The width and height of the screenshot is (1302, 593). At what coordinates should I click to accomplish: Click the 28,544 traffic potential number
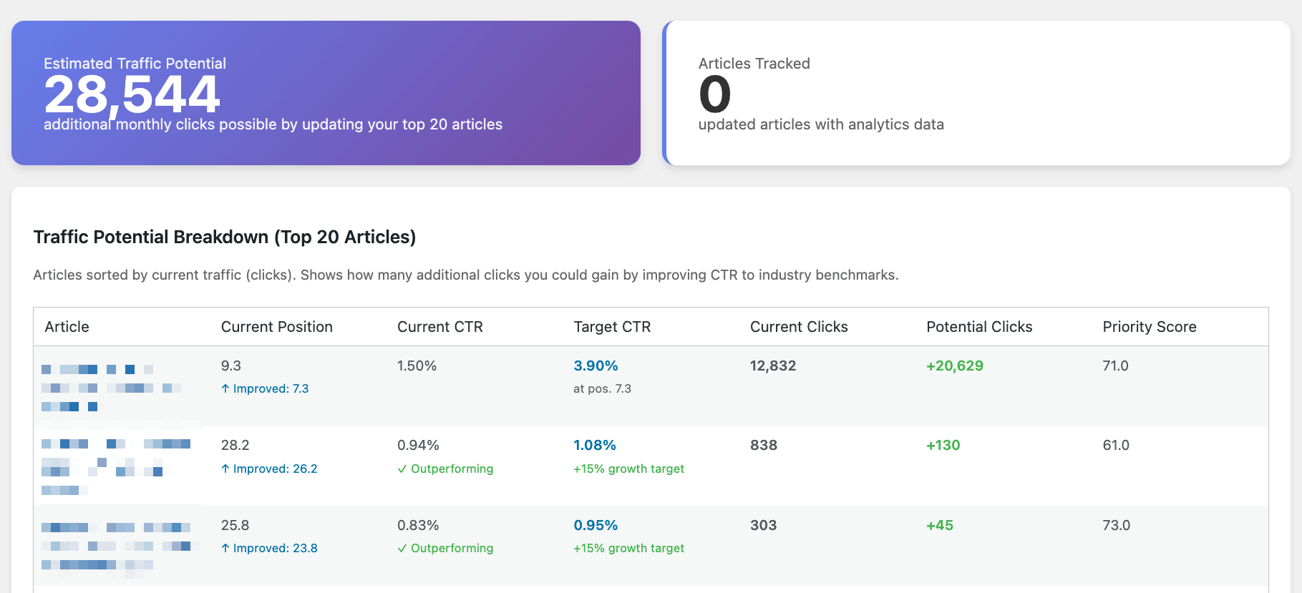(132, 94)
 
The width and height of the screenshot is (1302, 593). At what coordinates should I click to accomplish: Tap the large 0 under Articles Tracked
(714, 94)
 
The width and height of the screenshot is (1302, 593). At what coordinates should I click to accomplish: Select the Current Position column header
(276, 327)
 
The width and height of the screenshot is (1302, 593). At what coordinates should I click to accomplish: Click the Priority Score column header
(1149, 327)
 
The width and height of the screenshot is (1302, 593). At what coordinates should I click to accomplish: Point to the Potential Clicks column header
(978, 327)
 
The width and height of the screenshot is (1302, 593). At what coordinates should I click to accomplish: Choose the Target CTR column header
(612, 327)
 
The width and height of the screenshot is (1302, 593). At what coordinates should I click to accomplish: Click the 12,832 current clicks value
(772, 366)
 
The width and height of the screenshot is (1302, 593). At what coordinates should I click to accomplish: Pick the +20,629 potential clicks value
(954, 366)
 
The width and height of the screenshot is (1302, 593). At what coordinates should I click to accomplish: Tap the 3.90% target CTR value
(596, 366)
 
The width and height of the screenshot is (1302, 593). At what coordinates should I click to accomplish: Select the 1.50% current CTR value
(417, 366)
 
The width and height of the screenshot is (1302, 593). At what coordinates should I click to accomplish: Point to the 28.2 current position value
(235, 445)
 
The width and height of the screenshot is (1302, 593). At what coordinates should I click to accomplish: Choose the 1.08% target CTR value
(594, 445)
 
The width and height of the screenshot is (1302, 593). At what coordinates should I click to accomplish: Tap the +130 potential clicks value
(943, 445)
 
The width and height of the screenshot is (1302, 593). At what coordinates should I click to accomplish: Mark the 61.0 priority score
(1115, 445)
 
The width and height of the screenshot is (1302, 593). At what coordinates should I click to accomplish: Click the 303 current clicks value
(763, 525)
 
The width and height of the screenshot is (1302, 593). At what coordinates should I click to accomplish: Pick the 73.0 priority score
(1116, 525)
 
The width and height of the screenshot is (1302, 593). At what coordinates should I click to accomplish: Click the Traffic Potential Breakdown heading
(224, 237)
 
